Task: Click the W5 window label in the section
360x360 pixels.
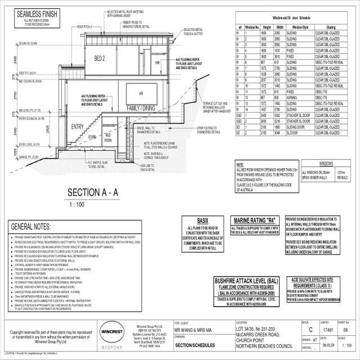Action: click(x=142, y=93)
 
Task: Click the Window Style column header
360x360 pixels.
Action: click(x=298, y=27)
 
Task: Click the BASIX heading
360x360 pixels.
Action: click(x=203, y=220)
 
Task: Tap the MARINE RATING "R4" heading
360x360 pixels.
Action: click(x=256, y=220)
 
